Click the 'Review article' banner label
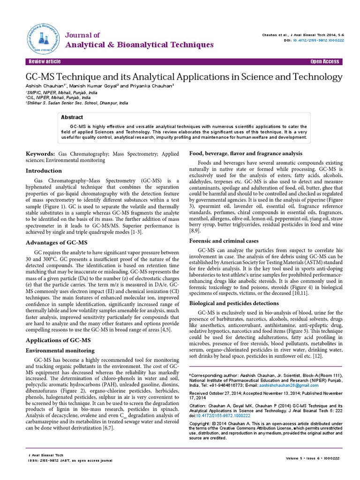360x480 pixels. pyautogui.click(x=45, y=62)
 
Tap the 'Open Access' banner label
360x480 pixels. pyautogui.click(x=324, y=62)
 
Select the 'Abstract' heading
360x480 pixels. pyautogui.click(x=75, y=118)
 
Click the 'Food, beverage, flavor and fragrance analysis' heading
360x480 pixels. pyautogui.click(x=245, y=153)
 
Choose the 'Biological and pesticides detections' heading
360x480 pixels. pyautogui.click(x=235, y=303)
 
